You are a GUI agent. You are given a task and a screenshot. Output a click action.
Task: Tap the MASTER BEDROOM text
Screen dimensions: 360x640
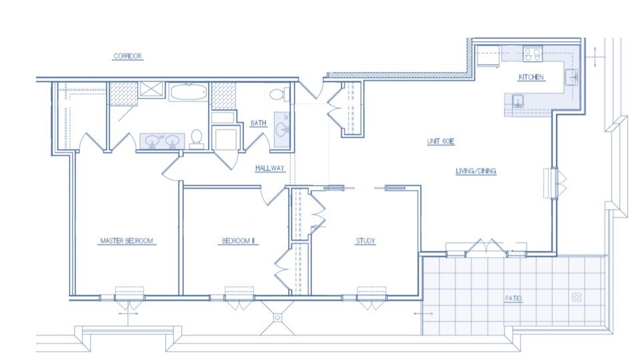[x=127, y=241]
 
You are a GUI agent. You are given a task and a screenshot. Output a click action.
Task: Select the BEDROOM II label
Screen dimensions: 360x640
[x=239, y=241]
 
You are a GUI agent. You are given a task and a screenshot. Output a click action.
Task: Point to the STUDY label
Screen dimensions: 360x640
[x=365, y=241]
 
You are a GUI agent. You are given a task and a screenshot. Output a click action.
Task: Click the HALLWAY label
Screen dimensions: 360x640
[x=270, y=169]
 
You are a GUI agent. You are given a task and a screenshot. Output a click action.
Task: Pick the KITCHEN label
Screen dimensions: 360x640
[x=531, y=77]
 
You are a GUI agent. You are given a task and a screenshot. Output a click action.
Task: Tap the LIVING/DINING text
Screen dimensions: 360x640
[x=476, y=172]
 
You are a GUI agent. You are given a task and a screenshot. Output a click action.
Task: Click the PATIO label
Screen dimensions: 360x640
[x=513, y=299]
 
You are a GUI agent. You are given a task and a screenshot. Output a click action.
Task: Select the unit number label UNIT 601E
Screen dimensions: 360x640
[x=441, y=143]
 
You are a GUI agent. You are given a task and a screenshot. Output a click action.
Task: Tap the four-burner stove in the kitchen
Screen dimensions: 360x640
[x=532, y=54]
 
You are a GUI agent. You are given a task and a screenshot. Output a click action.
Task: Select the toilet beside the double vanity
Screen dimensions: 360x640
[x=197, y=137]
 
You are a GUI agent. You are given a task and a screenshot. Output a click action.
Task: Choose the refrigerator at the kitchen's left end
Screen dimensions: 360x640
[x=487, y=57]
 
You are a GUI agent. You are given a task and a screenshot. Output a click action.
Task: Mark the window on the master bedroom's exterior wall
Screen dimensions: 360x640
[x=129, y=294]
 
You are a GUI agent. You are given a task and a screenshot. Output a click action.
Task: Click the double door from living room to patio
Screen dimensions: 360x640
[x=487, y=249]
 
